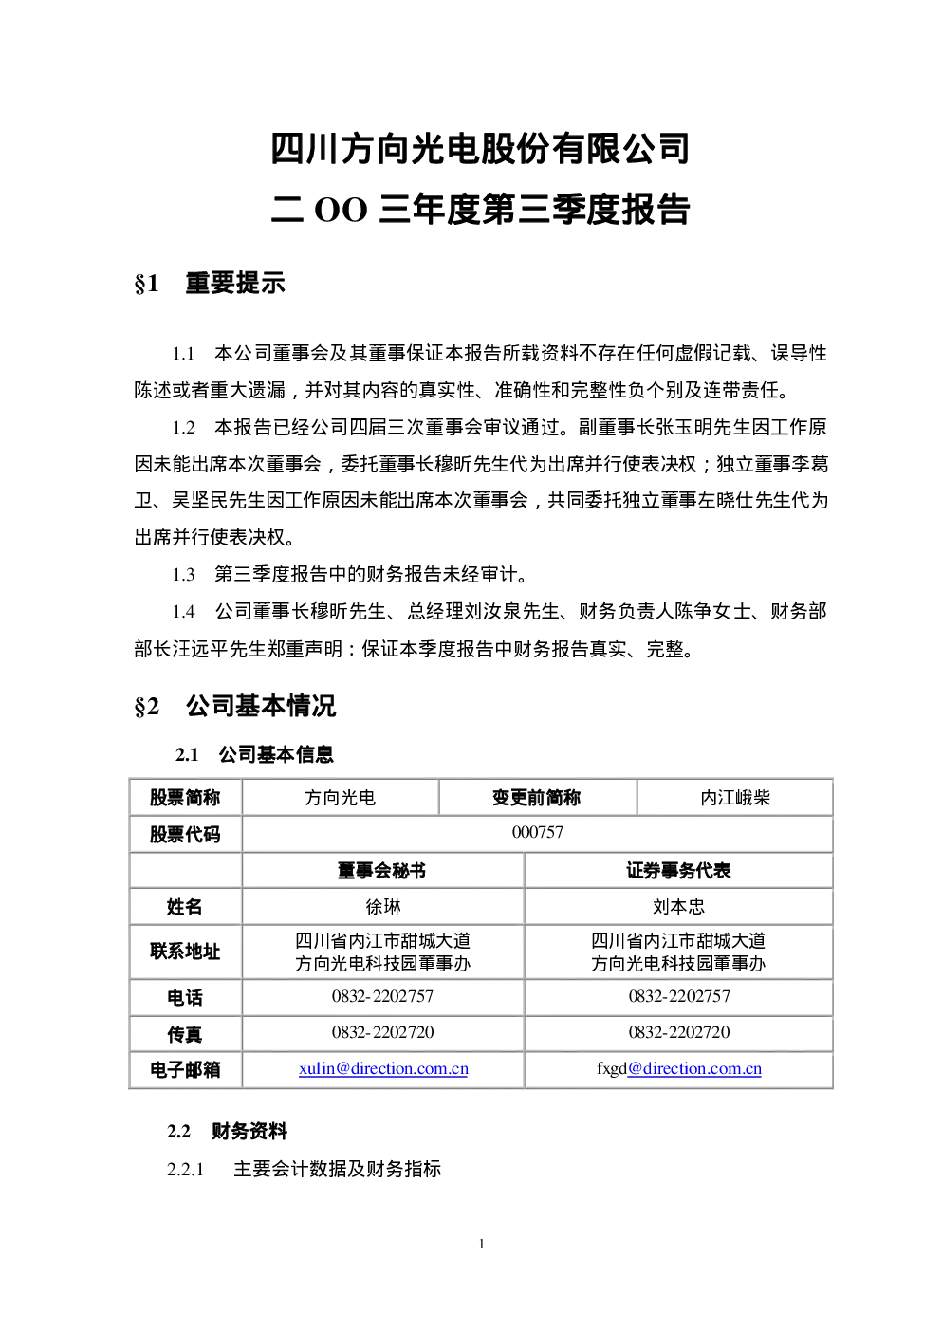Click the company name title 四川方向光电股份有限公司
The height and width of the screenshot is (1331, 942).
[480, 149]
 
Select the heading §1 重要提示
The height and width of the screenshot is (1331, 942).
[210, 283]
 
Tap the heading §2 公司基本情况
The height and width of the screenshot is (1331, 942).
[235, 707]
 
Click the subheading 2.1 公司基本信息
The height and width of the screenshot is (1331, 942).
[254, 754]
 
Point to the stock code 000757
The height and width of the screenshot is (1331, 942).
[537, 832]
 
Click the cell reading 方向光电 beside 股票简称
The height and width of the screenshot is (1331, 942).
[340, 798]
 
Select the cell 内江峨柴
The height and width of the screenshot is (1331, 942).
[735, 798]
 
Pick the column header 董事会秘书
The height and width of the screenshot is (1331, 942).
[382, 871]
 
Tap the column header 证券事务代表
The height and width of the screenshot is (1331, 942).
[678, 871]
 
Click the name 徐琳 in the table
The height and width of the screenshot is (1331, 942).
[383, 907]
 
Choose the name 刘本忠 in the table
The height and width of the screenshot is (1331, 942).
[678, 907]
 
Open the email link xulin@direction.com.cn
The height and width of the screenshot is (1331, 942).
[383, 1068]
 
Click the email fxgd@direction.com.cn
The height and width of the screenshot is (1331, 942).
[678, 1068]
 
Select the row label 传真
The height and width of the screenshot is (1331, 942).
[185, 1034]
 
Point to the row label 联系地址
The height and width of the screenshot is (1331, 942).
[185, 952]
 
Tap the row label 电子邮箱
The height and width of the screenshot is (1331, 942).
[185, 1069]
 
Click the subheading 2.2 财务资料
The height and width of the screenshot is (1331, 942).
[227, 1132]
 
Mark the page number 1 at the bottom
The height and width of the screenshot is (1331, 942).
[481, 1244]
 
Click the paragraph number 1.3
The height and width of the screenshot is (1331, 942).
[184, 575]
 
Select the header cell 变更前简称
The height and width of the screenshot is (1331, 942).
[537, 798]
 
